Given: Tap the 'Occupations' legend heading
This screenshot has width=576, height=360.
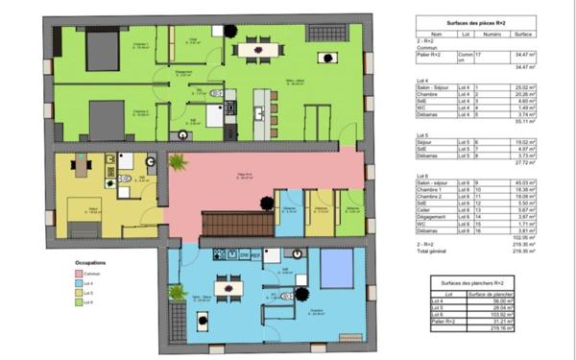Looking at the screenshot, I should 91,261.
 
